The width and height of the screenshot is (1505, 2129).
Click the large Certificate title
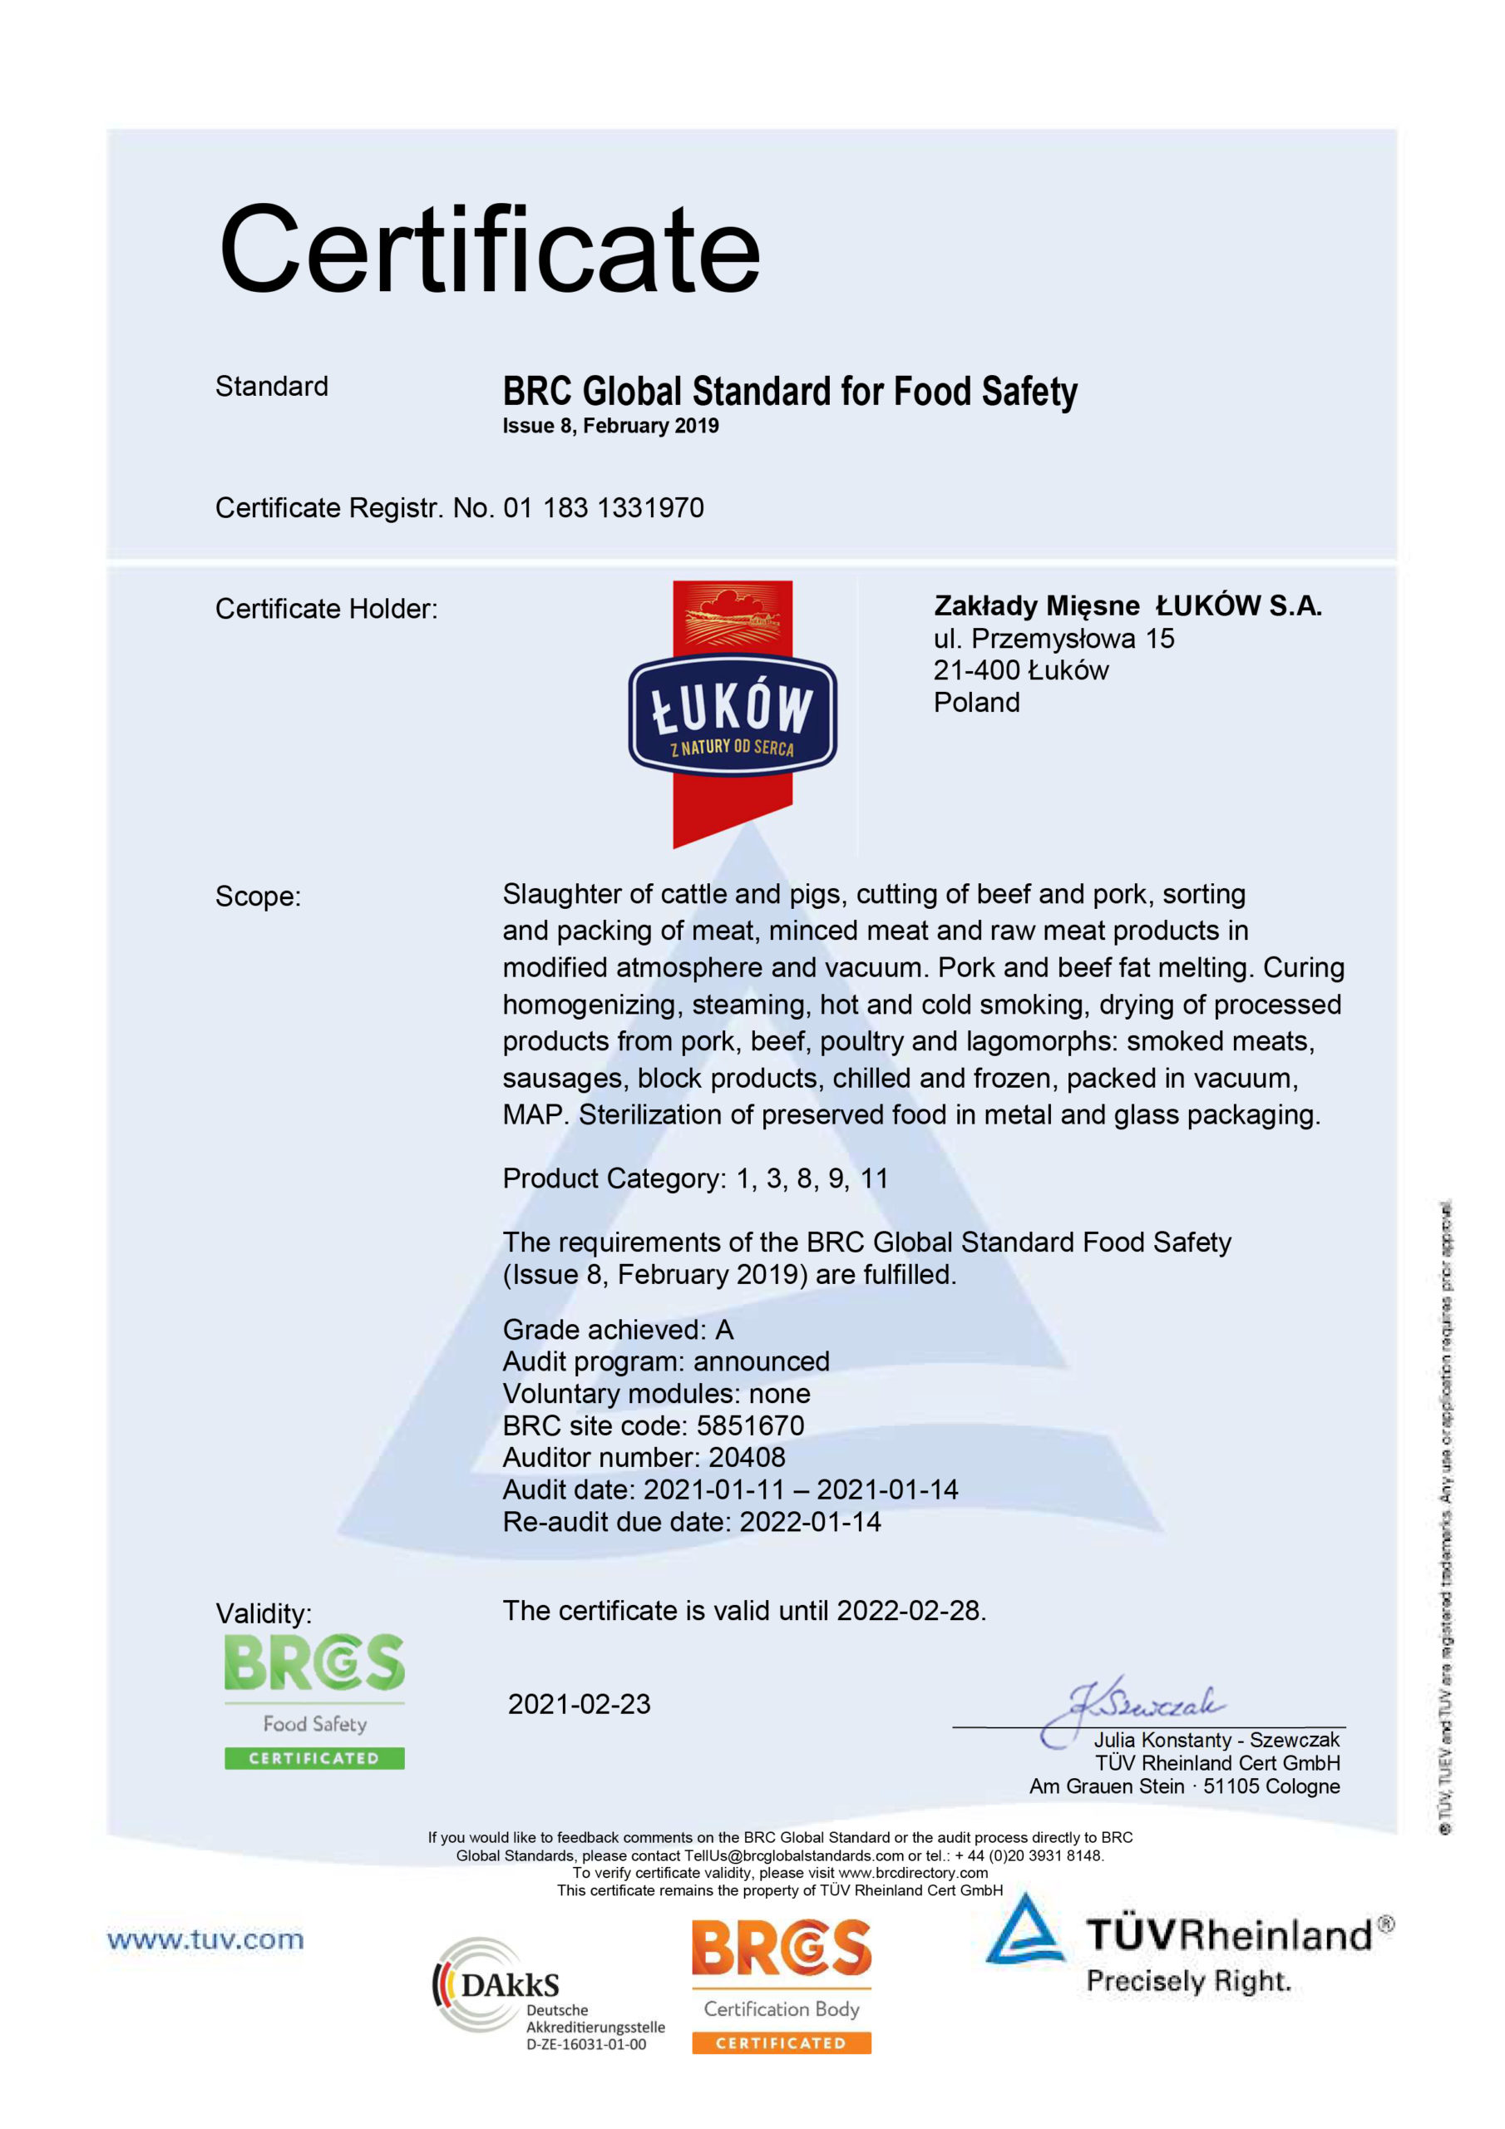tap(489, 250)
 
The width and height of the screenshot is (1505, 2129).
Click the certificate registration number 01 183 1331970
tap(603, 508)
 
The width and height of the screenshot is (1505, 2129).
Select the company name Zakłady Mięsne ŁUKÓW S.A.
tap(1127, 605)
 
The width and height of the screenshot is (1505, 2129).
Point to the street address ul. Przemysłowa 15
tap(1053, 638)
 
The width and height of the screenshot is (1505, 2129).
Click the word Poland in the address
tap(975, 702)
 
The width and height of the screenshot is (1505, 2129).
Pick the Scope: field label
tap(258, 896)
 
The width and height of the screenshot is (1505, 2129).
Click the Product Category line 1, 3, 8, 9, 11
tap(695, 1178)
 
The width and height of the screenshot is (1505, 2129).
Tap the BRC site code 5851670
tap(750, 1425)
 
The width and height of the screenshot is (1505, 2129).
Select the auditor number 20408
tap(747, 1457)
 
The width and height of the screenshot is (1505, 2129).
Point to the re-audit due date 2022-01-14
tap(810, 1522)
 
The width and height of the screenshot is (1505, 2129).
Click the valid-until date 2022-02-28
tap(909, 1611)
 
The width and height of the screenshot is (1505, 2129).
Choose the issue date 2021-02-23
tap(579, 1703)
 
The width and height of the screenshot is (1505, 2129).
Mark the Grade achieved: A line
tap(618, 1330)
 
